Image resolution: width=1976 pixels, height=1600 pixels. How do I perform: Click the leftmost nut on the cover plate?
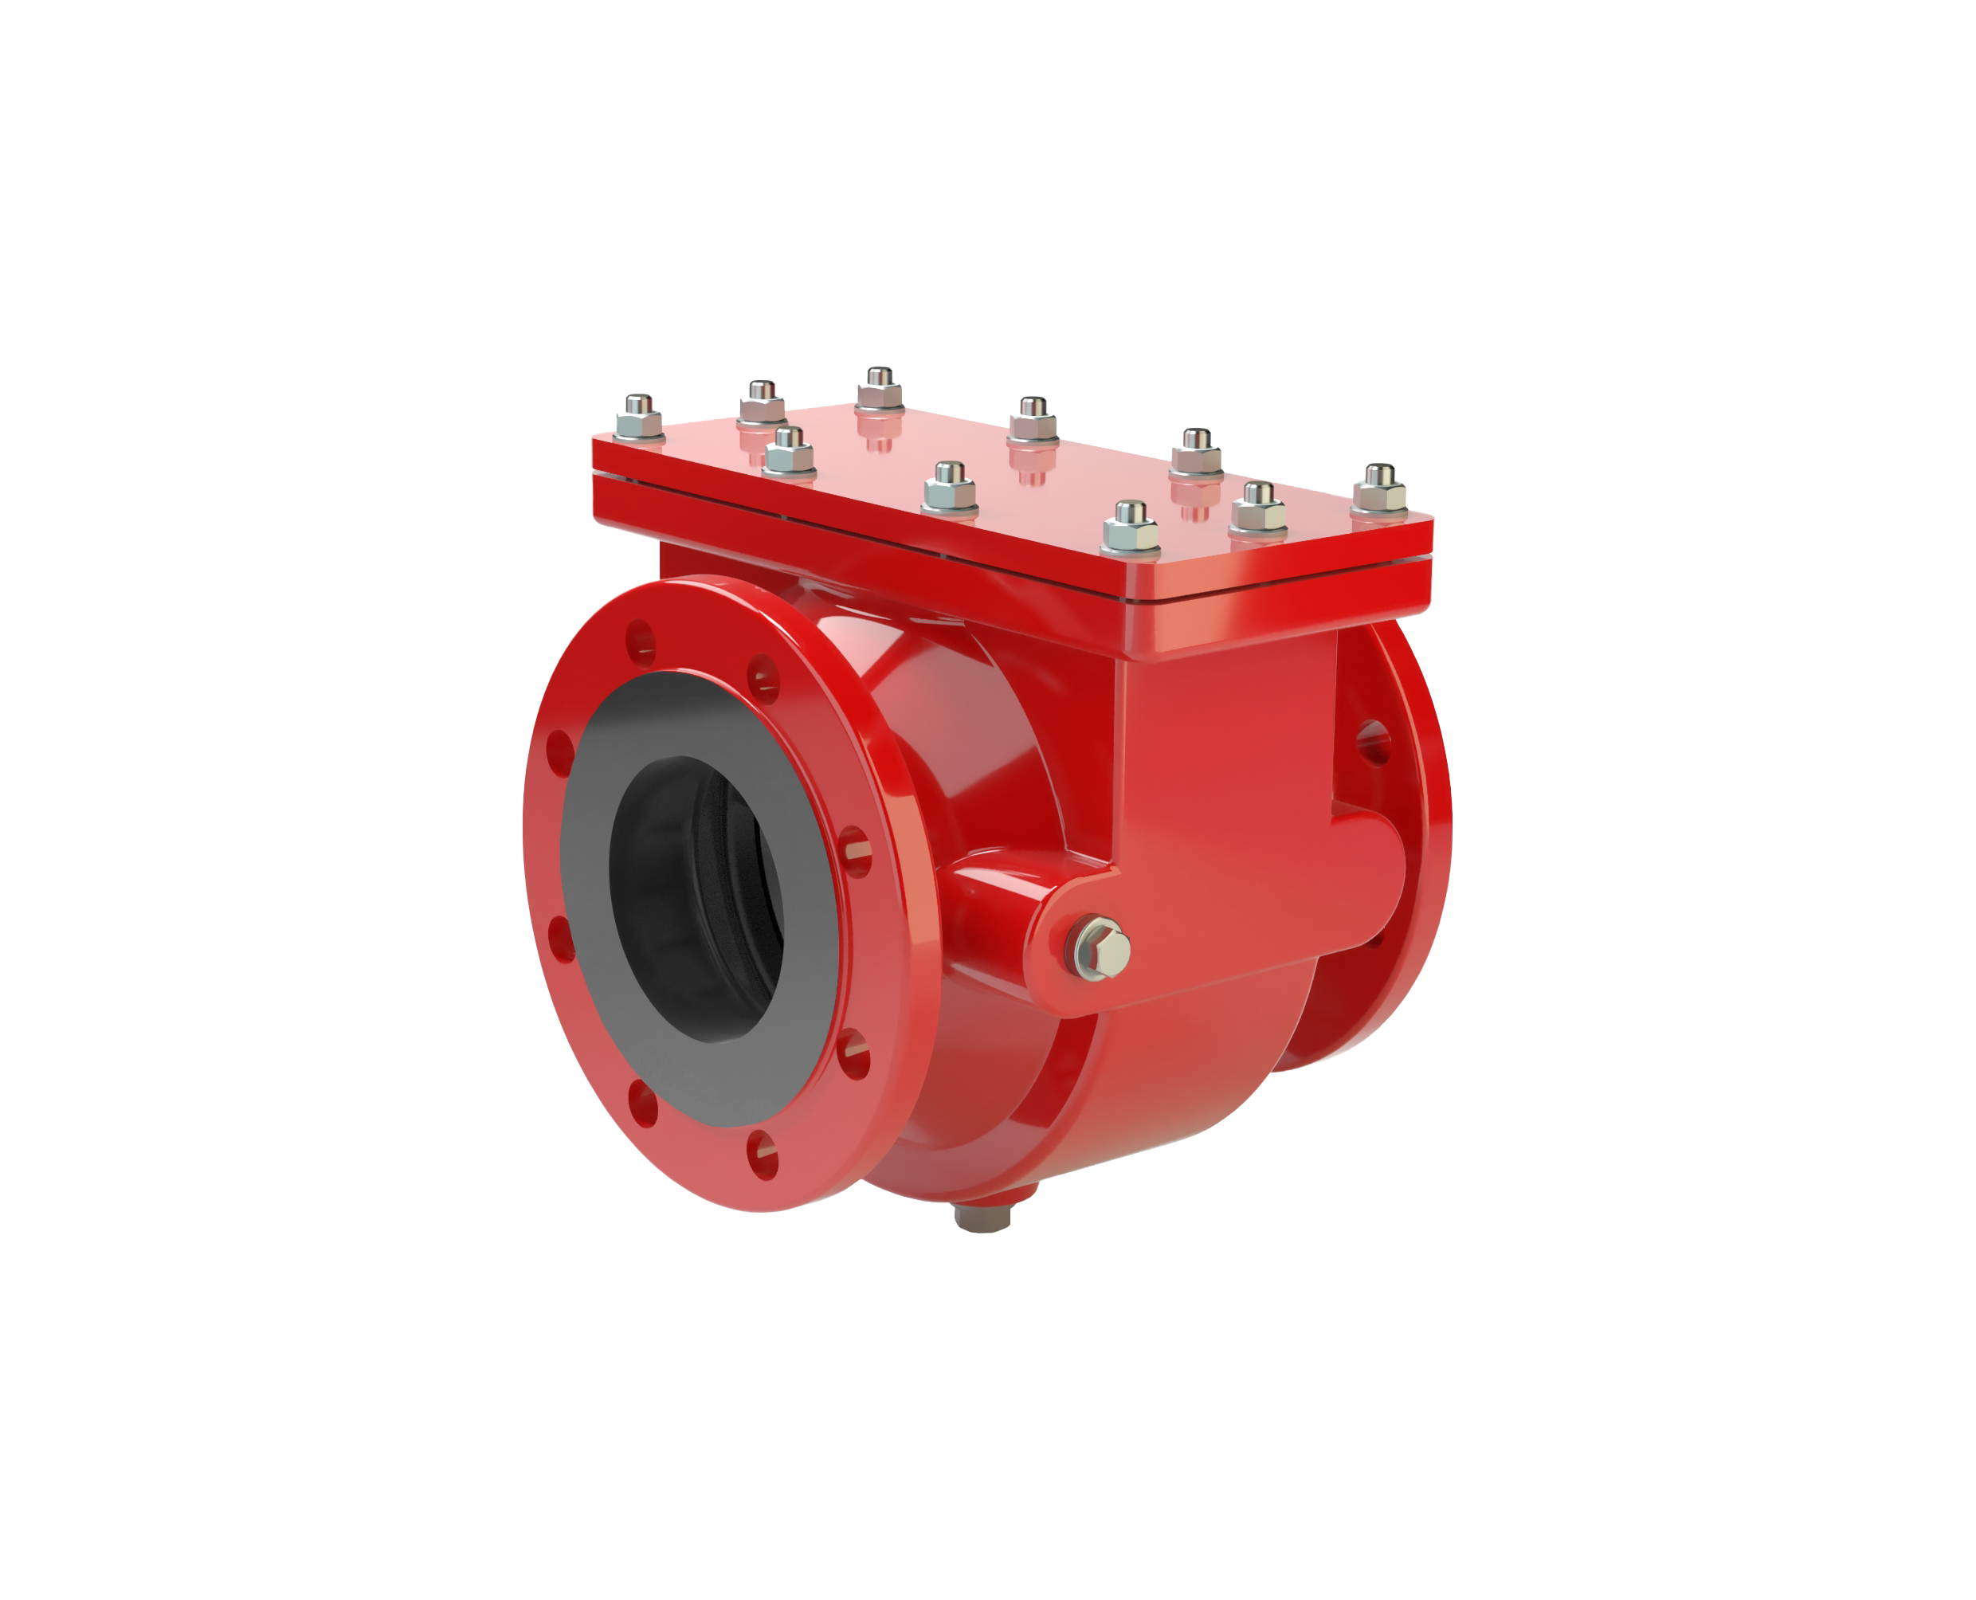coord(639,418)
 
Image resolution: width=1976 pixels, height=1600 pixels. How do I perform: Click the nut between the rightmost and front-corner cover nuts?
coord(1258,511)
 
